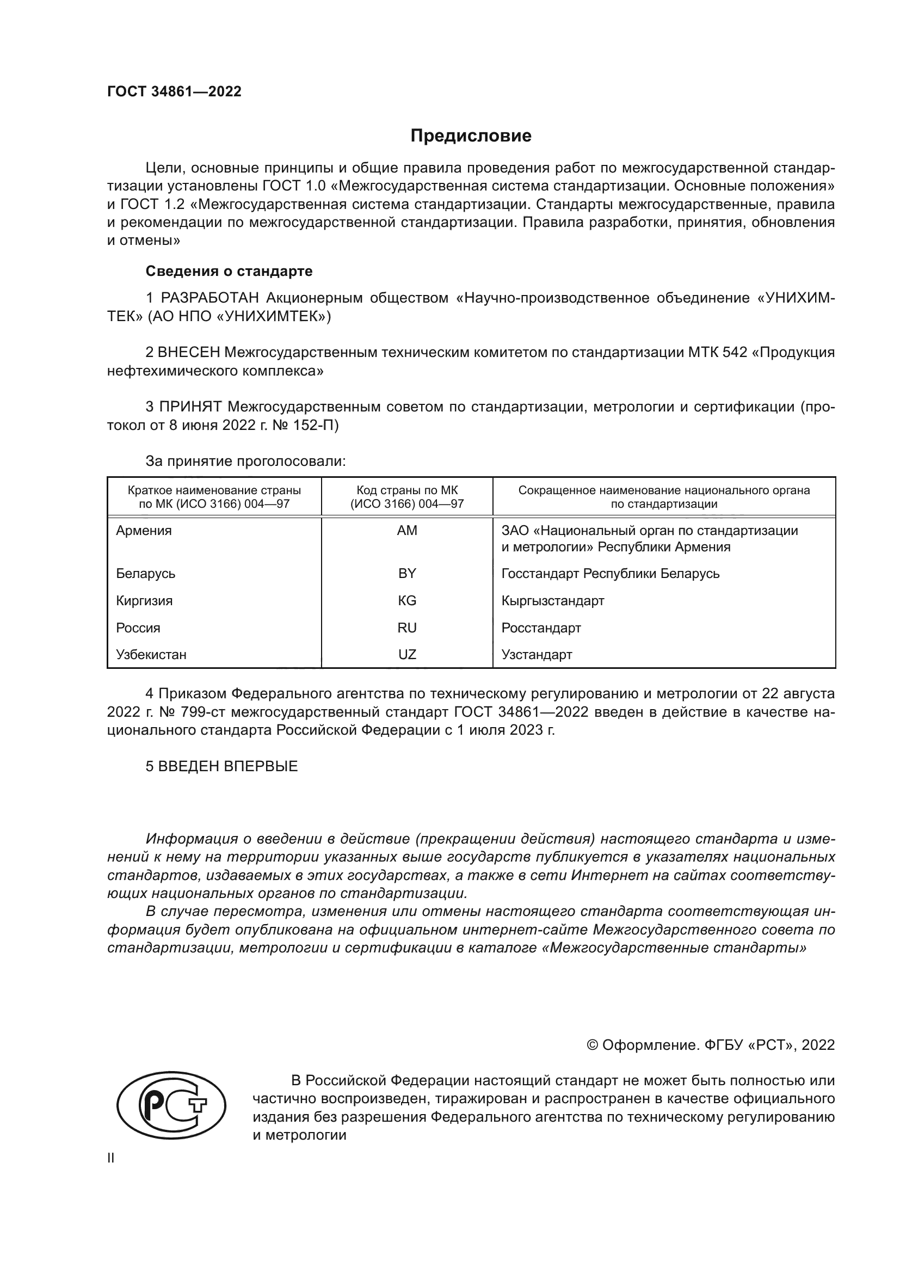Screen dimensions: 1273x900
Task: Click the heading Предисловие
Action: [471, 136]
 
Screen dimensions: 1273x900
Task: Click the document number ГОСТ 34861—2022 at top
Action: [174, 91]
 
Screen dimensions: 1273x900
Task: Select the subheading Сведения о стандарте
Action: [229, 271]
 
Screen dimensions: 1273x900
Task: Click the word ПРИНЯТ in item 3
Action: [190, 407]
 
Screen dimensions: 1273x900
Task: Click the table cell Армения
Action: [144, 531]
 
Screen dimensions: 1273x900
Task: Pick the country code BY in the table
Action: [407, 573]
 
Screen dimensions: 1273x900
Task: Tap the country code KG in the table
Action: [407, 600]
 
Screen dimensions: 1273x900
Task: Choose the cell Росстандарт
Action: [541, 628]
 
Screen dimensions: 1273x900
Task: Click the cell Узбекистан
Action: [151, 654]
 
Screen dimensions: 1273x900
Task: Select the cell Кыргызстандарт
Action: [552, 600]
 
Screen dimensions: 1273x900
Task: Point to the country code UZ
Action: [407, 654]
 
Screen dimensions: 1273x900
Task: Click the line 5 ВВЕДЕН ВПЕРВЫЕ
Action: [221, 766]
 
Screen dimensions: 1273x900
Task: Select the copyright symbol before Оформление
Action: [592, 1045]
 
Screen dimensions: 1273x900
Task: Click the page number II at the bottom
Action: [111, 1158]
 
